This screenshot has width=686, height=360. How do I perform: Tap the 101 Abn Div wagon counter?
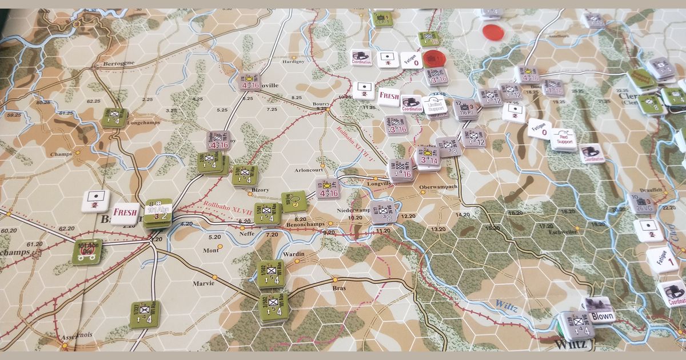(86, 251)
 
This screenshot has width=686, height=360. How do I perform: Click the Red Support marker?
(563, 139)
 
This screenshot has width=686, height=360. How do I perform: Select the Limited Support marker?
(435, 106)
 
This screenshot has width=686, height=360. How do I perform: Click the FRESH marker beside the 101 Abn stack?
(125, 213)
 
